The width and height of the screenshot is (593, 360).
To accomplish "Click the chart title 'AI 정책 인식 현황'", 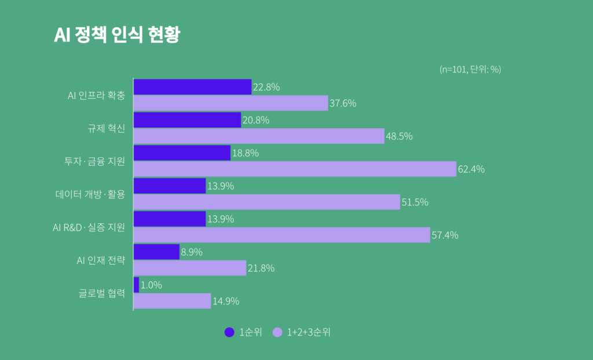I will click(116, 35).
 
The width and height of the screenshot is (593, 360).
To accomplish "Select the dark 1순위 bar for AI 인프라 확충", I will click(192, 87).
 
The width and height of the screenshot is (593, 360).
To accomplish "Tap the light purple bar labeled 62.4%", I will click(295, 169).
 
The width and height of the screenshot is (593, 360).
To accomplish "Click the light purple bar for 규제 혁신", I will click(259, 136).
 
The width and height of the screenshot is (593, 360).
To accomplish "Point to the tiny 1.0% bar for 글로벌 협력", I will click(136, 285).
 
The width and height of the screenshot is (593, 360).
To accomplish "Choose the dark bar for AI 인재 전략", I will click(156, 252).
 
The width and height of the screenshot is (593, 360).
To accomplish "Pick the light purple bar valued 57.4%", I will click(282, 235).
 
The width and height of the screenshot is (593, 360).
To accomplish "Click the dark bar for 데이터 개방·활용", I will click(170, 186).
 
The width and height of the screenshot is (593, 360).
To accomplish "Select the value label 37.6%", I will click(343, 104).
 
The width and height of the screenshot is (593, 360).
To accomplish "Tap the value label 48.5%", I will click(399, 137).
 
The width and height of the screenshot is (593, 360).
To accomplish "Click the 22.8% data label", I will click(266, 87).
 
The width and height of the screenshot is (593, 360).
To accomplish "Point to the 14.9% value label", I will click(225, 301).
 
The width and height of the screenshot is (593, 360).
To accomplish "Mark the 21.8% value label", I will click(261, 268).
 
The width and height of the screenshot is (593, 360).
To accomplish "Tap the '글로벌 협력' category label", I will click(102, 293).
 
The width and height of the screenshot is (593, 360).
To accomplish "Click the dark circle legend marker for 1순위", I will click(229, 332).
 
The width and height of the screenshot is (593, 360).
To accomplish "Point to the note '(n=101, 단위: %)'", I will click(470, 69).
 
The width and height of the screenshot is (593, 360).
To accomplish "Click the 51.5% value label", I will click(415, 202).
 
